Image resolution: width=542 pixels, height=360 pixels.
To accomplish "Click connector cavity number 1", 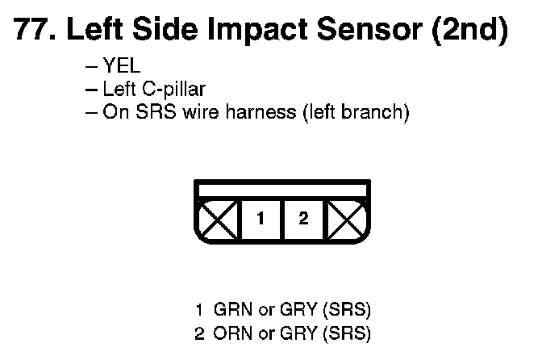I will tap(261, 219).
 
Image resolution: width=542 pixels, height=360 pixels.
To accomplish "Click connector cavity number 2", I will tap(303, 219).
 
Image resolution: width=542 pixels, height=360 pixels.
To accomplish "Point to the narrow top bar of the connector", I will tap(283, 190).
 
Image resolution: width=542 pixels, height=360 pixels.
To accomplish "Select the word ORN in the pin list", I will tap(230, 332).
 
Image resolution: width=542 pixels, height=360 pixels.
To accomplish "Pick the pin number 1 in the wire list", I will tap(198, 309).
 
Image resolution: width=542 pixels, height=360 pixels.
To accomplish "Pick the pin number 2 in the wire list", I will tap(198, 332).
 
